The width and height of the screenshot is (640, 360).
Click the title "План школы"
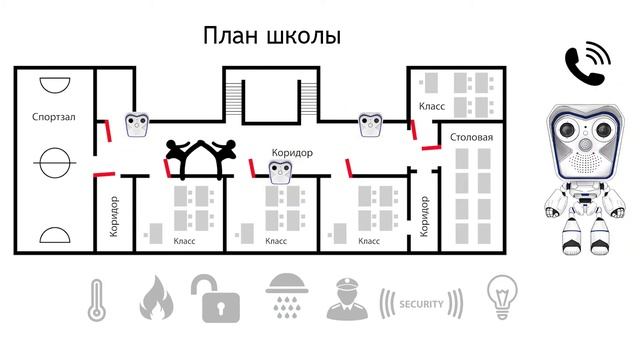[272, 36]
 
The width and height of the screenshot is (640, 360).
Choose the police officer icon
[344, 298]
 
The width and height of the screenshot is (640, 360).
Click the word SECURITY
[420, 303]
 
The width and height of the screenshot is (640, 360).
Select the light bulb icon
[501, 297]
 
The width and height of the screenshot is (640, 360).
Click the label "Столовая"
[472, 136]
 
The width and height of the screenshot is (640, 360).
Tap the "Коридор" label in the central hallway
[293, 153]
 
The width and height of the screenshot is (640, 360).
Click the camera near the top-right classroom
[370, 125]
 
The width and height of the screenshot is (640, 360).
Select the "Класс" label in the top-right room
[431, 106]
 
